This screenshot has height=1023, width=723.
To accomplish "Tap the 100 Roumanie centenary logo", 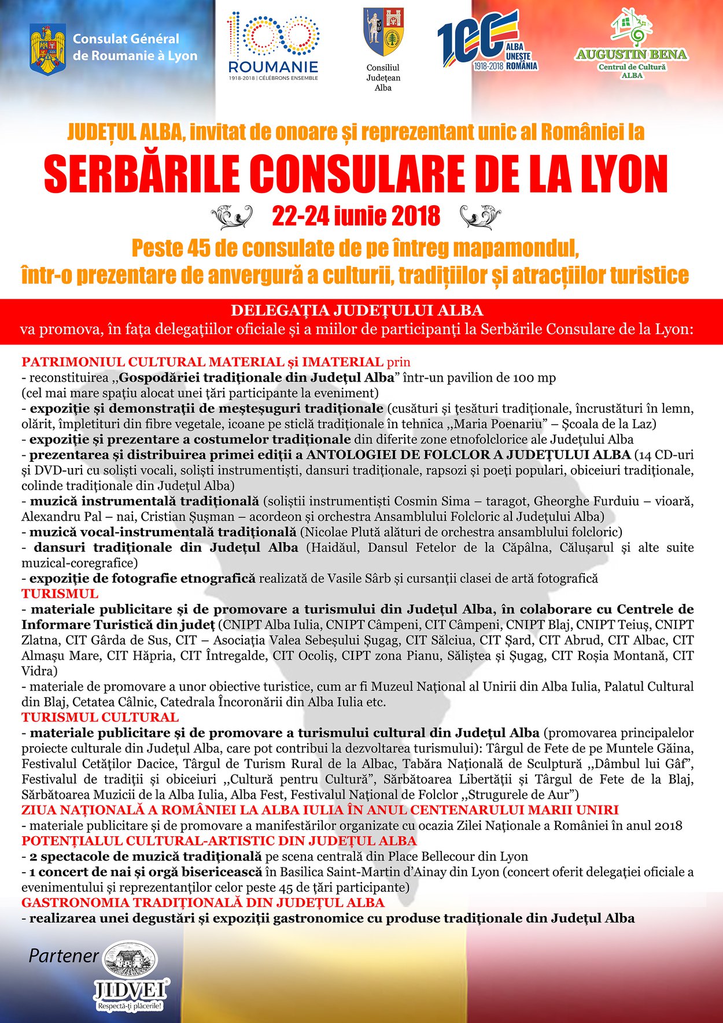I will tap(273, 45).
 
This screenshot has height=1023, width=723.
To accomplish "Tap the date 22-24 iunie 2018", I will tap(356, 216).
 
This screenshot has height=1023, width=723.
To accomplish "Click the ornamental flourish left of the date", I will tap(231, 217).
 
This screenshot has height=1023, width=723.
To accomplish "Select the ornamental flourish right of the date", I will tap(480, 217).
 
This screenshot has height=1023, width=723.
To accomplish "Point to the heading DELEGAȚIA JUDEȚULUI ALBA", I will tap(357, 310).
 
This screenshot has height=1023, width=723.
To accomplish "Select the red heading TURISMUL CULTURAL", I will tap(100, 717).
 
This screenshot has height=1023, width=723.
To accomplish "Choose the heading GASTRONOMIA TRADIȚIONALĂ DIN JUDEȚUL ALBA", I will tap(202, 903).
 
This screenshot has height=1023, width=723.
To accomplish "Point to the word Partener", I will tap(64, 956).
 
